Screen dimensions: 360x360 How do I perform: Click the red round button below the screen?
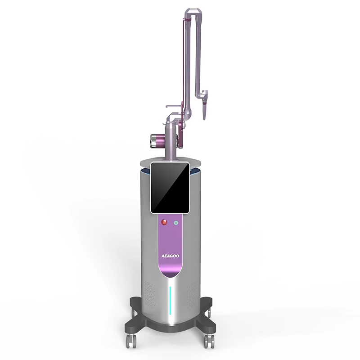(x=164, y=222)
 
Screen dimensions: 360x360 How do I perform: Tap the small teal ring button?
(x=176, y=222)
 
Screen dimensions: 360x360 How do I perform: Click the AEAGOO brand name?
(x=170, y=254)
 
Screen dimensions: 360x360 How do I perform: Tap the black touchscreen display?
(x=170, y=187)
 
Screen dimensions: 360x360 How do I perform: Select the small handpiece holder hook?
(x=172, y=107)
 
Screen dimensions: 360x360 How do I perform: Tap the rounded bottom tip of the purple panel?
(x=170, y=275)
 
